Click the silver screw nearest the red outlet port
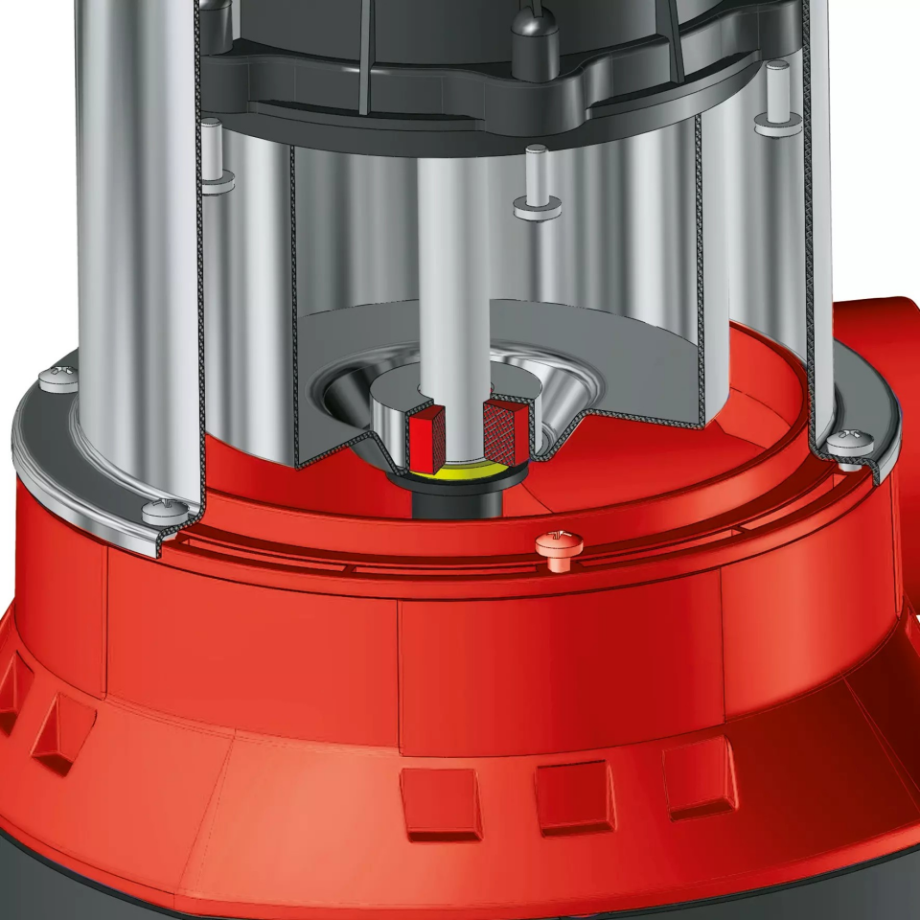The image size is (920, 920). click(x=849, y=442)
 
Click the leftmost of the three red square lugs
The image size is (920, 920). click(x=442, y=803)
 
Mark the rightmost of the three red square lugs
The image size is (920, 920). click(x=699, y=781)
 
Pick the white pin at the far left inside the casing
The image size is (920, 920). click(x=217, y=153)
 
